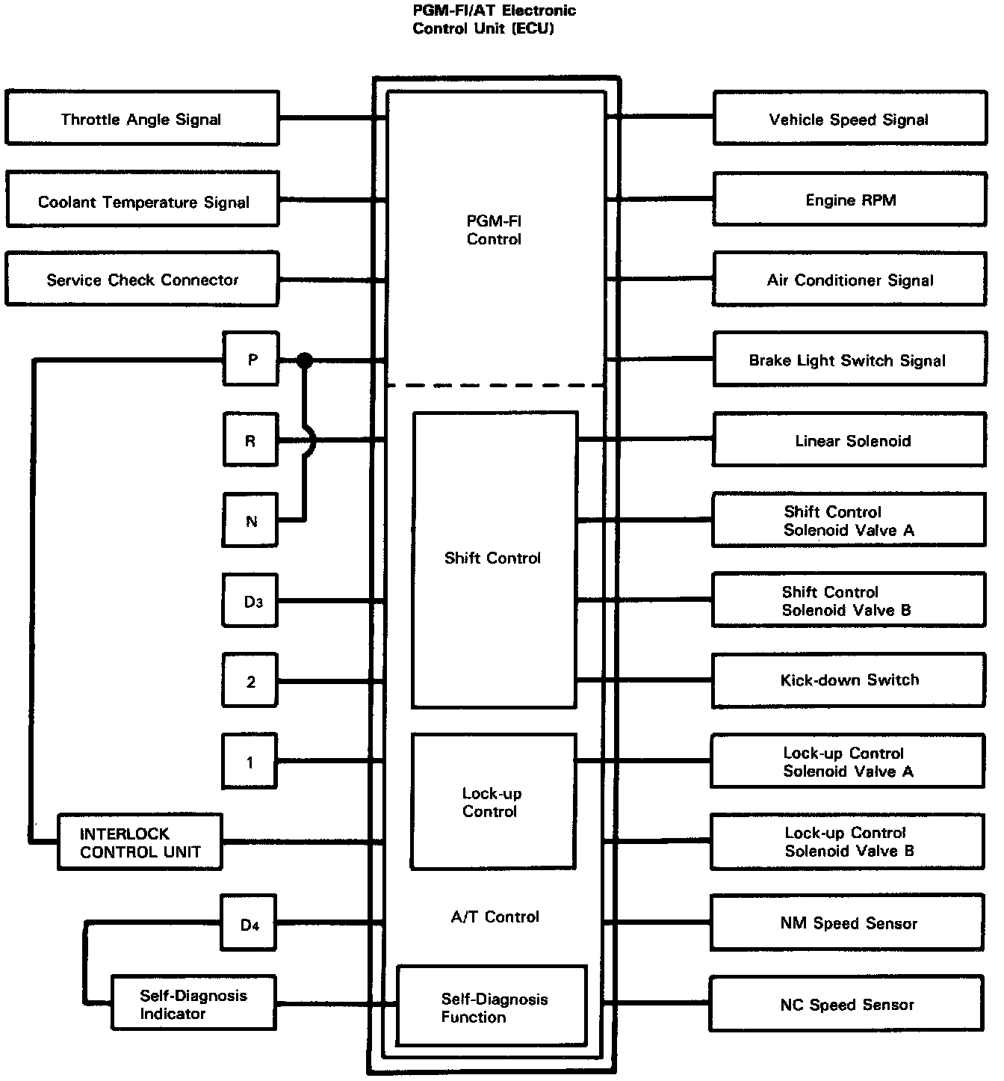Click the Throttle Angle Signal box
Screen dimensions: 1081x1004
click(142, 118)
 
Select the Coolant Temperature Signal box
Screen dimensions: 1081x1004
click(142, 199)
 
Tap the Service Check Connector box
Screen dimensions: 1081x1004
click(142, 279)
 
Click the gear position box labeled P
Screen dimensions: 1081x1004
click(251, 360)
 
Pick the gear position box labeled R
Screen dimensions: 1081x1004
click(251, 440)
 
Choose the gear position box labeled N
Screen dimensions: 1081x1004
click(251, 520)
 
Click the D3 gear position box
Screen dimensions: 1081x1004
click(251, 600)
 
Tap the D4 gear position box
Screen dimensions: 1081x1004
click(250, 924)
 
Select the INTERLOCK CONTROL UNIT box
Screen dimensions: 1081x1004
click(140, 842)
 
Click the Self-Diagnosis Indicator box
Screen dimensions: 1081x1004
click(193, 1003)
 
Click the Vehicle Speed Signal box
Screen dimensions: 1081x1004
click(849, 118)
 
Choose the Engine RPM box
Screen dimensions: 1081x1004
click(849, 200)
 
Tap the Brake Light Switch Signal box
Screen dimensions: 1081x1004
click(849, 360)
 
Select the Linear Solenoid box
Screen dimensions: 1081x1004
click(849, 440)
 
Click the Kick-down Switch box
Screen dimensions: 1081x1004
click(849, 680)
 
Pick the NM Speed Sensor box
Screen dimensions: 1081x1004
click(848, 923)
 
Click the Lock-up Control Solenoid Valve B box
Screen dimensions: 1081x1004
click(848, 842)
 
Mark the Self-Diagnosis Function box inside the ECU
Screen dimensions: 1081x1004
click(492, 1006)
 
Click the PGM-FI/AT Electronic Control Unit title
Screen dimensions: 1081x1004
click(495, 20)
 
